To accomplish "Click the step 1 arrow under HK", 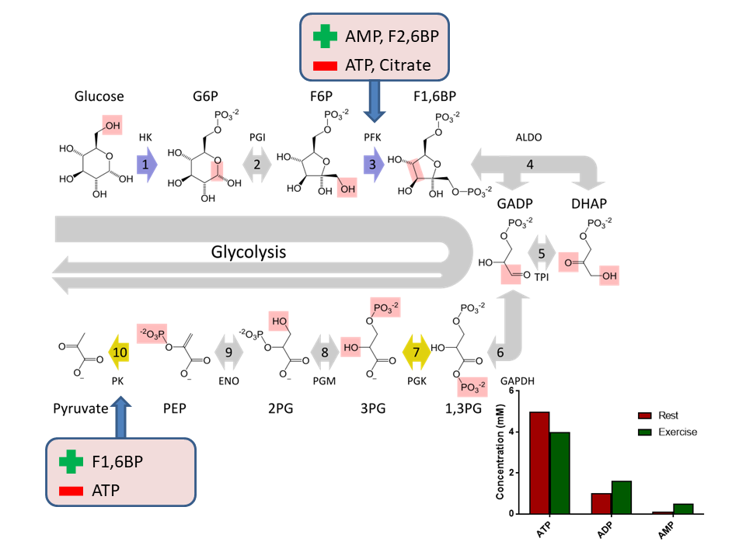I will pos(145,165).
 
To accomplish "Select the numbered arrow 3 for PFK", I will pos(374,165).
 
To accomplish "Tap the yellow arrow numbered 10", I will pos(118,352).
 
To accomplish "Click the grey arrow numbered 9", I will pos(229,352).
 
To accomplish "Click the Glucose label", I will pos(99,97).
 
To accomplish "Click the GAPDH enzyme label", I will pos(519,380).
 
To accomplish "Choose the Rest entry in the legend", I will pos(668,415).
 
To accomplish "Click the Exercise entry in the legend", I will pos(677,432).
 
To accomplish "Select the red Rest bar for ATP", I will pos(539,463).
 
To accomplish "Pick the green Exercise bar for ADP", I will pos(622,497).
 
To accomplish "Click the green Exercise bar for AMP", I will pos(683,509).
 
